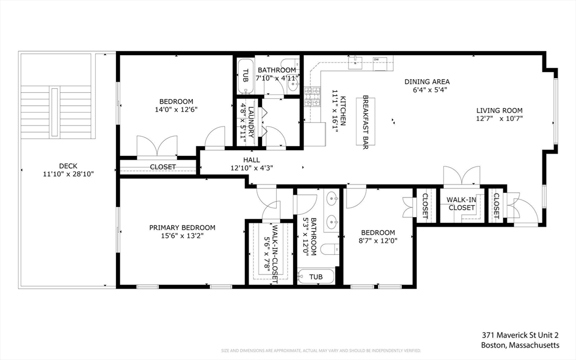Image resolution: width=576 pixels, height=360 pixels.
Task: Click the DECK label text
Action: pyautogui.click(x=68, y=165)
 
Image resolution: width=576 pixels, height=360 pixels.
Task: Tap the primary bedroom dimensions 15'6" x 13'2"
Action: pyautogui.click(x=182, y=236)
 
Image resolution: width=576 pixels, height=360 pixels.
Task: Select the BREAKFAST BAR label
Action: pyautogui.click(x=365, y=121)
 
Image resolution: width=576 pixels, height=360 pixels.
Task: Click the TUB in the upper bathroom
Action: pyautogui.click(x=245, y=76)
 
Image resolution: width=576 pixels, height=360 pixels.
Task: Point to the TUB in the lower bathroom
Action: pyautogui.click(x=316, y=277)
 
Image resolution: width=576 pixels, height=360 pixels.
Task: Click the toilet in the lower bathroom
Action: pyautogui.click(x=329, y=250)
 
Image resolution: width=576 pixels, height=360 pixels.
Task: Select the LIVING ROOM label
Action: pyautogui.click(x=499, y=110)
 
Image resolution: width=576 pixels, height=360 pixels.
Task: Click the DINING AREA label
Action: pyautogui.click(x=427, y=82)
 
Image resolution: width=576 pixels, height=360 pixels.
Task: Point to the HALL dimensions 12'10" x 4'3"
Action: pyautogui.click(x=251, y=168)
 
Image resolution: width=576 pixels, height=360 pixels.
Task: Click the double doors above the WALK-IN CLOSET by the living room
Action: pyautogui.click(x=461, y=175)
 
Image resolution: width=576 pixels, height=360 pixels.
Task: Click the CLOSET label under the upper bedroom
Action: pyautogui.click(x=163, y=167)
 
